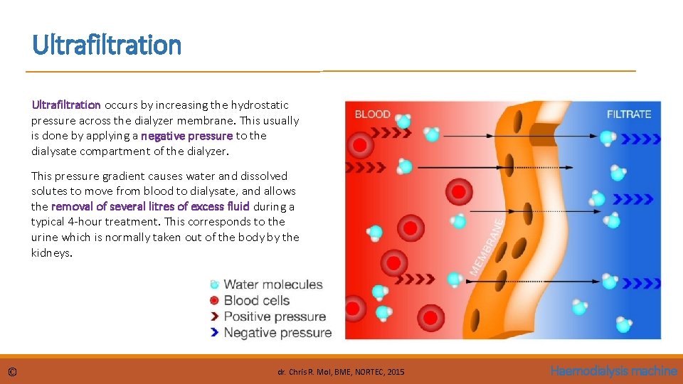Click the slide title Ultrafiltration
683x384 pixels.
[x=107, y=45]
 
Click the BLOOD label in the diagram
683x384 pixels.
[x=372, y=114]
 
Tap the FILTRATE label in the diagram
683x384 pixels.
[x=628, y=114]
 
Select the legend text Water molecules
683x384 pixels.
[x=272, y=284]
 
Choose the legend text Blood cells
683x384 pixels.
[x=256, y=300]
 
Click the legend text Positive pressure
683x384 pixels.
[x=275, y=316]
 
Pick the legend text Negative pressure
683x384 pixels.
[x=277, y=332]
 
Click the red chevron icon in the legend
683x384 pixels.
[x=214, y=316]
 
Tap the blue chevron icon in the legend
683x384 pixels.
[x=214, y=332]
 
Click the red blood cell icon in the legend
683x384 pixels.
[x=214, y=300]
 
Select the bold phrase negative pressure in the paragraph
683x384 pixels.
[x=186, y=136]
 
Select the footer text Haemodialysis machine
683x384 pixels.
[x=613, y=371]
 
